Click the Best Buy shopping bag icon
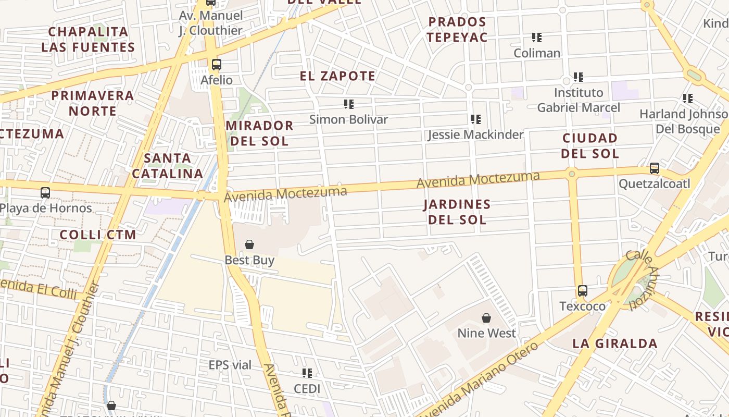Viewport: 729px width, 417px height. pos(249,244)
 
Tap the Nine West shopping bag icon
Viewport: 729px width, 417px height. pos(486,318)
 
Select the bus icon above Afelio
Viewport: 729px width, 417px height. pos(217,65)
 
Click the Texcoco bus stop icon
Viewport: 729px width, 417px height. pos(583,291)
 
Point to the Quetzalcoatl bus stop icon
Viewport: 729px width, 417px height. pos(655,168)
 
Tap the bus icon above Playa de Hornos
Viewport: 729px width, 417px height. pos(45,193)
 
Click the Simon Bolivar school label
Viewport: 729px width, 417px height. pos(348,119)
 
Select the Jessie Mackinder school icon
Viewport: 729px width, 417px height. pos(475,119)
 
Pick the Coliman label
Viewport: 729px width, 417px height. pos(537,53)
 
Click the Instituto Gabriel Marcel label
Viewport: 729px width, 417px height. pos(579,100)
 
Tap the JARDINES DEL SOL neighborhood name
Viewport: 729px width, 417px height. pos(457,212)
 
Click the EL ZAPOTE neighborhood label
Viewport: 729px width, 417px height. pos(337,76)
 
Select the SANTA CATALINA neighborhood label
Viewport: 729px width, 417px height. pos(167,166)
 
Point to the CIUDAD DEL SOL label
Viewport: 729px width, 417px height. pos(590,146)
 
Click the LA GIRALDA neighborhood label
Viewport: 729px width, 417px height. pos(615,344)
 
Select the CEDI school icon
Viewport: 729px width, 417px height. pos(307,373)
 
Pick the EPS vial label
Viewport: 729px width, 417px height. pos(230,365)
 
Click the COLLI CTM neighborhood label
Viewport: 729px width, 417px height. pos(98,235)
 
